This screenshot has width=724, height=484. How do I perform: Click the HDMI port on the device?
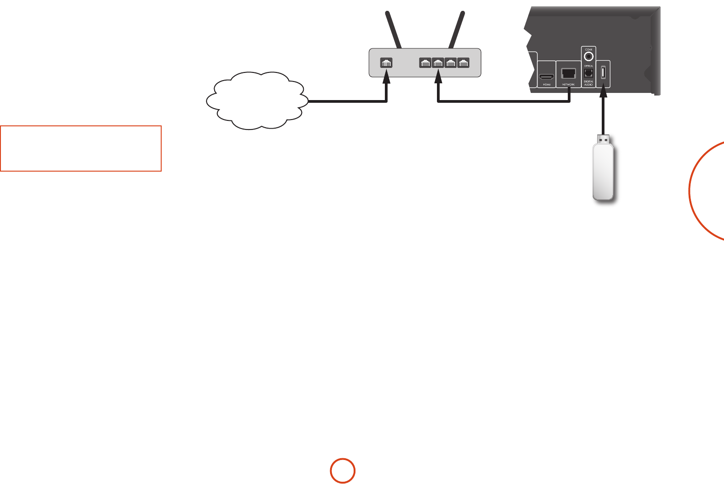(547, 77)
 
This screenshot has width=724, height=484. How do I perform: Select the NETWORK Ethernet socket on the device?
(568, 73)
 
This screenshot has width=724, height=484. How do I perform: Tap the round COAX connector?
(589, 57)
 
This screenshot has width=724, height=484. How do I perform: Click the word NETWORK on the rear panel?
(568, 85)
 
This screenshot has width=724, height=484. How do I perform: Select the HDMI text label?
(547, 85)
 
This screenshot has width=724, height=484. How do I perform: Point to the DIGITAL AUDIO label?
(589, 83)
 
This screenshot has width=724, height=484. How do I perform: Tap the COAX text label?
(589, 49)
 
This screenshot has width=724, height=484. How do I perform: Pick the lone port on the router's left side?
(386, 63)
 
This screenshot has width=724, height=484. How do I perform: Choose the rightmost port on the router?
(463, 63)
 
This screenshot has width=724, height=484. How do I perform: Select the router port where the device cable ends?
(438, 63)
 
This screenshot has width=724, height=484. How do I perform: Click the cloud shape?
(256, 101)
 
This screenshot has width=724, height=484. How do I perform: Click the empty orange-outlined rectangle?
(81, 149)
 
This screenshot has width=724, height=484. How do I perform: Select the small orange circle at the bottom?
(342, 471)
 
